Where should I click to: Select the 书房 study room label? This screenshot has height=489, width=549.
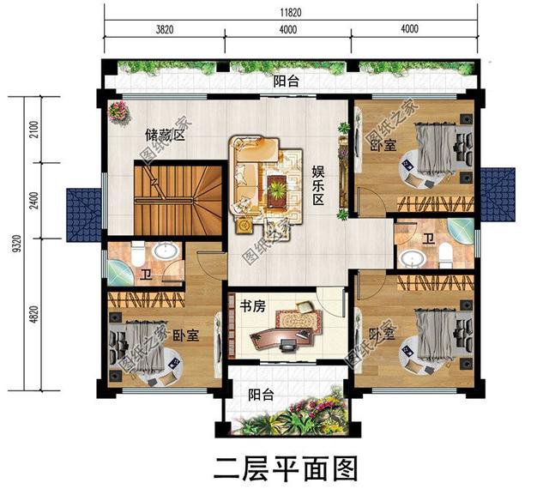251,305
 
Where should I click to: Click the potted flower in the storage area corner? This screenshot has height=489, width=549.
118,110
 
